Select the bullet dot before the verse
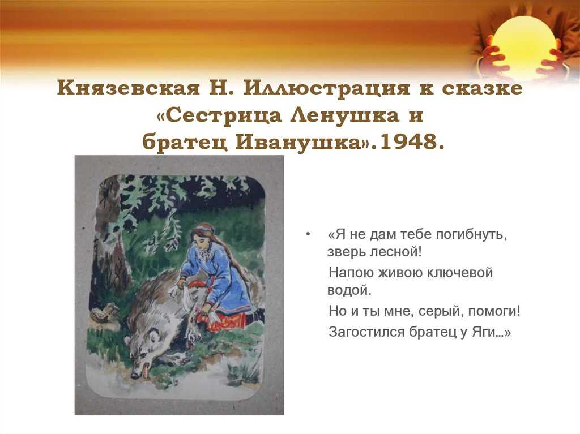click(308, 234)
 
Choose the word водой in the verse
click(348, 291)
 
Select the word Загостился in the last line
click(366, 332)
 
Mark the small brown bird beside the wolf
click(103, 313)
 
